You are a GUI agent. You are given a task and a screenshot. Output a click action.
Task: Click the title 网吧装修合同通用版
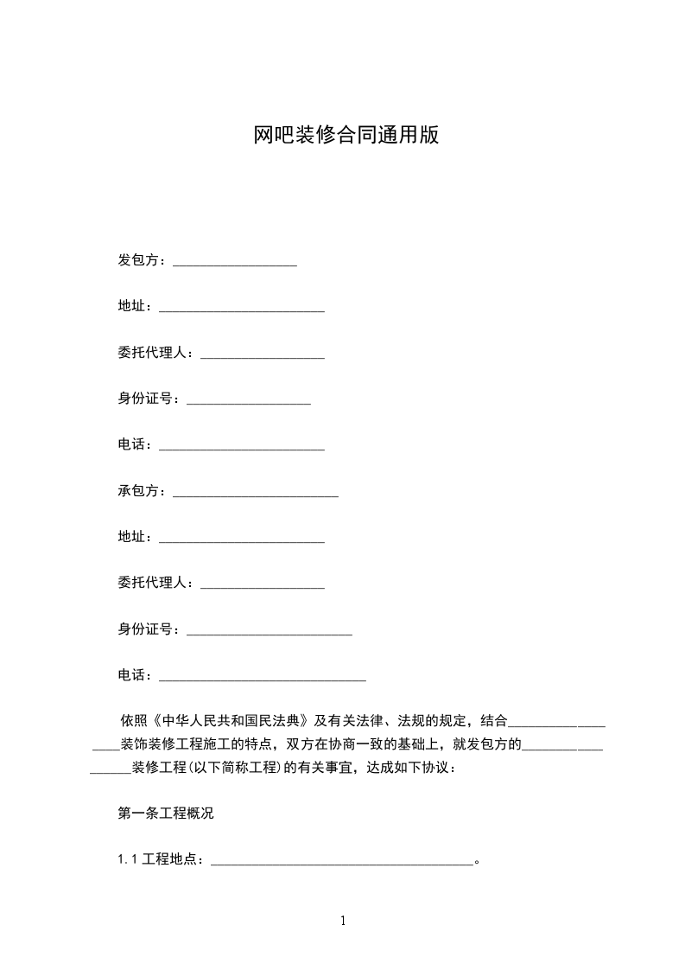coord(346,136)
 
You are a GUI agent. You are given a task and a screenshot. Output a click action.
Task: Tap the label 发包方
coord(138,260)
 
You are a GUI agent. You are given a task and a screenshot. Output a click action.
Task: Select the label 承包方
coord(138,490)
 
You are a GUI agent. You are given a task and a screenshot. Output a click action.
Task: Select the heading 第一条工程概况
coord(165,813)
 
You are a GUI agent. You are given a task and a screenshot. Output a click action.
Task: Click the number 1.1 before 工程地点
coord(128,859)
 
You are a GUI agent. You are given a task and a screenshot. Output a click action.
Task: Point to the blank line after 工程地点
coord(342,862)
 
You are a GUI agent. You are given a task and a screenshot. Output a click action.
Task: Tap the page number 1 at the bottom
coord(343,921)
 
